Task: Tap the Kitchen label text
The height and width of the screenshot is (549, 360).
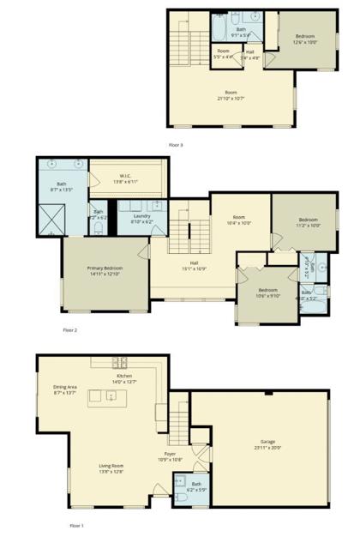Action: click(125, 378)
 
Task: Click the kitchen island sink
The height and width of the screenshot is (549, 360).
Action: click(111, 395)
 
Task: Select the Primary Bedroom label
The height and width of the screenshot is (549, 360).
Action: click(106, 271)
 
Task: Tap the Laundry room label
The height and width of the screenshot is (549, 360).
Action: click(142, 219)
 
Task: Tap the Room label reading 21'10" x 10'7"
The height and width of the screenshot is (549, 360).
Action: click(231, 95)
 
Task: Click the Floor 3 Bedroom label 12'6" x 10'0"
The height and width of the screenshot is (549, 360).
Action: click(305, 39)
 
